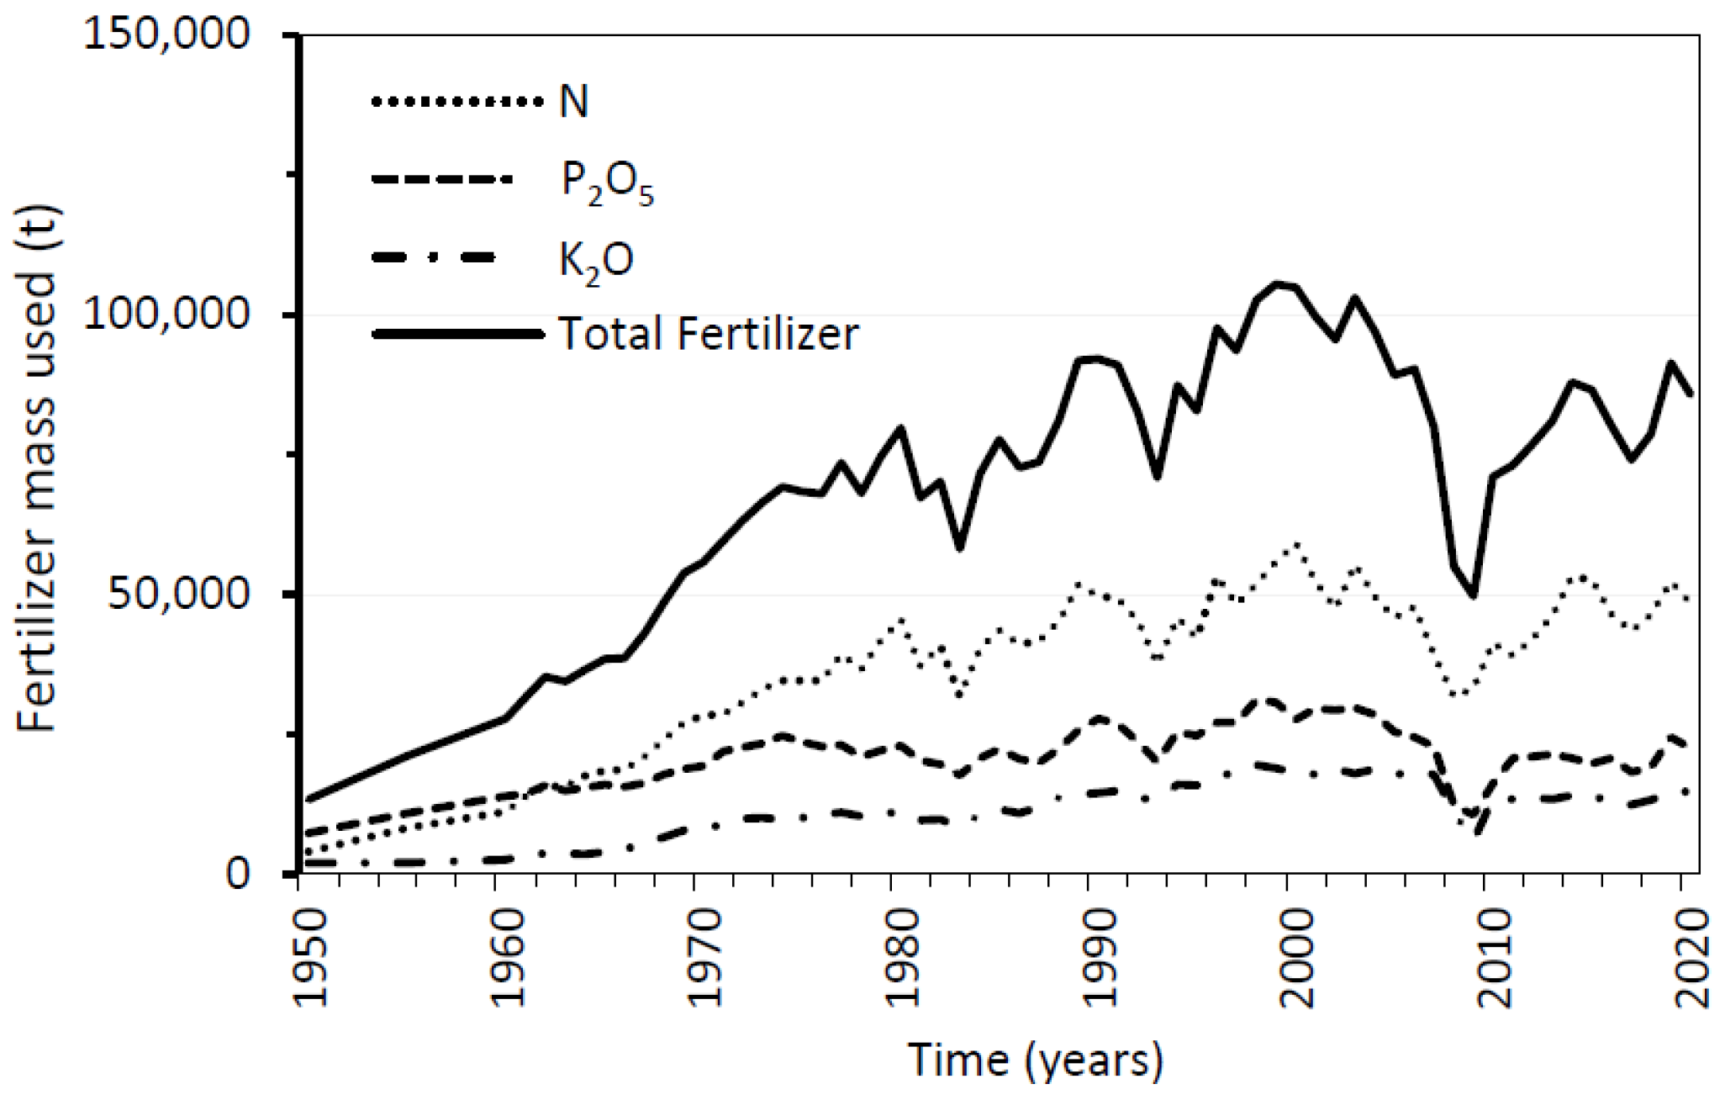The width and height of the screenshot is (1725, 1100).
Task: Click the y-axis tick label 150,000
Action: point(166,35)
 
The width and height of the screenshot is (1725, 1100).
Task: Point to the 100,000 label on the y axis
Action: point(166,315)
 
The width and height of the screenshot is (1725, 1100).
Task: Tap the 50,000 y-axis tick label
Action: point(178,594)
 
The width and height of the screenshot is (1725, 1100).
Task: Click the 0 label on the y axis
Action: point(238,874)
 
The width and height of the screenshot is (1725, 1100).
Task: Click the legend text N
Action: point(574,103)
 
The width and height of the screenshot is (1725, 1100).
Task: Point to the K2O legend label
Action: point(595,260)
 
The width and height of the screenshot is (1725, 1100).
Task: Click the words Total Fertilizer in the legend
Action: point(708,334)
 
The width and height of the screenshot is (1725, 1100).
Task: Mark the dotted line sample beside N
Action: point(456,102)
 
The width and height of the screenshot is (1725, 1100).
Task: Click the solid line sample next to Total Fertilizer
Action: point(456,334)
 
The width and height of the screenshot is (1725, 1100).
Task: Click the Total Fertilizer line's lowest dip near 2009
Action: point(1474,595)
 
